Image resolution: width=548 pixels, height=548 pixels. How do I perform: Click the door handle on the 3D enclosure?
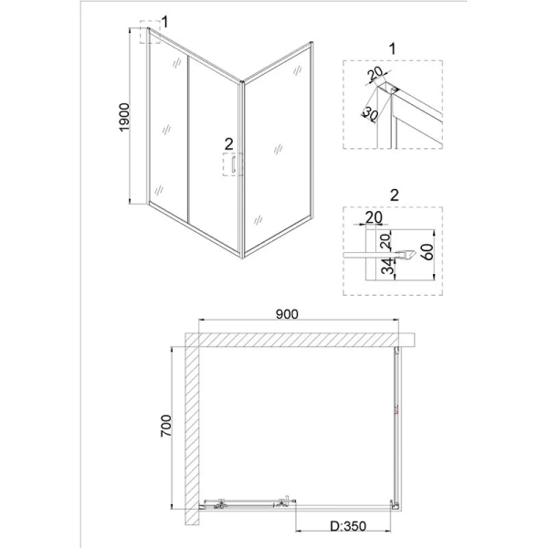click(234, 166)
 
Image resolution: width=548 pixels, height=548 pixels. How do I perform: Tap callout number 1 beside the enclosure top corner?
click(165, 20)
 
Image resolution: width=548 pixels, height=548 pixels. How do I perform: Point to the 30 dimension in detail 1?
click(370, 113)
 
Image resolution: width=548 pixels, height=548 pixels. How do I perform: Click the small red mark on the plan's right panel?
click(396, 409)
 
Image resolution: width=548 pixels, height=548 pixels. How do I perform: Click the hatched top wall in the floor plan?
click(301, 340)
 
